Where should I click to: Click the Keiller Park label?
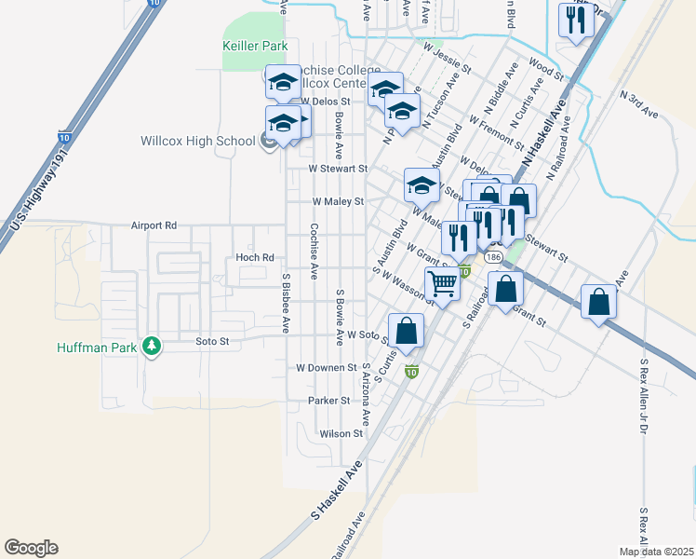coord(255,46)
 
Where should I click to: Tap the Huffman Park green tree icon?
coord(151,348)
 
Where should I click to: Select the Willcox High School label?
coord(197,142)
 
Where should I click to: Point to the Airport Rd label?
coord(154,225)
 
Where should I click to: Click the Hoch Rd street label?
coord(255,257)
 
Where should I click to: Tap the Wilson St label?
coord(341,433)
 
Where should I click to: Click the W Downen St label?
coord(326,367)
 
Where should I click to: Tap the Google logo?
coord(31,548)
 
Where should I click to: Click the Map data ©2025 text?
coord(655,552)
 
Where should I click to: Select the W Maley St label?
coord(337,201)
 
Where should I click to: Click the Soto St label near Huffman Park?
coord(212,342)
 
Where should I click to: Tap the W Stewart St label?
coord(339,170)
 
